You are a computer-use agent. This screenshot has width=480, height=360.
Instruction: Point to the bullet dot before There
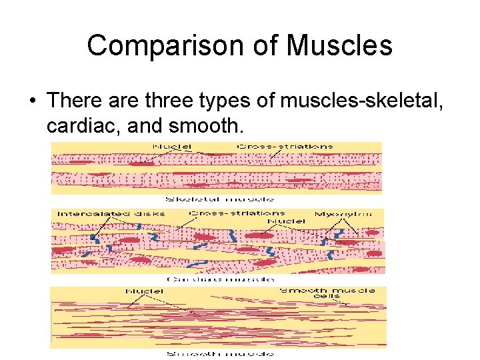click(32, 100)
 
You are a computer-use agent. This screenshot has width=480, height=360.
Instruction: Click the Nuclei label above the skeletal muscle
click(172, 147)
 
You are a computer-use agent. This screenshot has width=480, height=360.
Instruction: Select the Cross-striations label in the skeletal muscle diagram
click(286, 147)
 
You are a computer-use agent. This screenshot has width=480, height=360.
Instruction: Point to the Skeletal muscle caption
click(219, 199)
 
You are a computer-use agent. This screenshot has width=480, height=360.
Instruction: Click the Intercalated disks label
click(111, 214)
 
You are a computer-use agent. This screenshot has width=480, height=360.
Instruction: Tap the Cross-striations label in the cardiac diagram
click(238, 213)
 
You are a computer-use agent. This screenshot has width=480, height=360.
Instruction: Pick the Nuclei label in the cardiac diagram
click(286, 221)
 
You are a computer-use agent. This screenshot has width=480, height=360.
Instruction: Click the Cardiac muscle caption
click(219, 279)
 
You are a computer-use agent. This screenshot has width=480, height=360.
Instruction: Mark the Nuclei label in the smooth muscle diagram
click(145, 291)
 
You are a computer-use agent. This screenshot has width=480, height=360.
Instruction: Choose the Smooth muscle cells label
click(327, 294)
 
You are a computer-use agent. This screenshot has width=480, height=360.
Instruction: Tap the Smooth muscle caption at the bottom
click(219, 353)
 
